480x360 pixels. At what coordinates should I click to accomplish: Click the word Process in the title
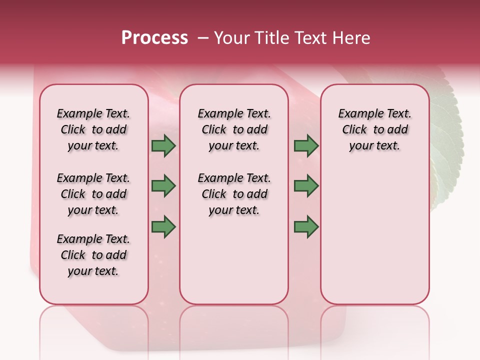[x=154, y=37]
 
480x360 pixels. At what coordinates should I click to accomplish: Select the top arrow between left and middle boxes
[x=163, y=145]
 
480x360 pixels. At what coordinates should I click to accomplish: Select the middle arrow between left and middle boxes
[x=163, y=186]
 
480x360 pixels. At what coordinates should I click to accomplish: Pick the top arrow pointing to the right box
[x=306, y=145]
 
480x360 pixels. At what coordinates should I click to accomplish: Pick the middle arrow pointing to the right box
[x=306, y=186]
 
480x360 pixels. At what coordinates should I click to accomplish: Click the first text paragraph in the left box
[x=93, y=129]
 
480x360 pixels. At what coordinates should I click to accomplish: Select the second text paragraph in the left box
[x=93, y=194]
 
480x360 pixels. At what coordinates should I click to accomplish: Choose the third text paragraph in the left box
[x=93, y=255]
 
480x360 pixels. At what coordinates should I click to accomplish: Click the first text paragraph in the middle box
[x=234, y=129]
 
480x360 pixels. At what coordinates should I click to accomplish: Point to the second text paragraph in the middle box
[x=234, y=194]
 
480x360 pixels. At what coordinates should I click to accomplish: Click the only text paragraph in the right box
[x=374, y=129]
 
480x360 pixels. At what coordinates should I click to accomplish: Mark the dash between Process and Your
[x=202, y=38]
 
